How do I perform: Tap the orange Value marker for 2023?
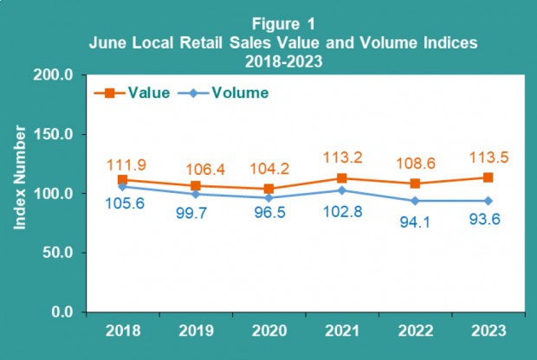pos(488,177)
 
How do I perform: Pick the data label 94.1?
pos(415,222)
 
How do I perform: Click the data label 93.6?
pos(488,223)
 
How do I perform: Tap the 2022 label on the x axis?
pos(416,331)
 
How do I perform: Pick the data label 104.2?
pos(268,168)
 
